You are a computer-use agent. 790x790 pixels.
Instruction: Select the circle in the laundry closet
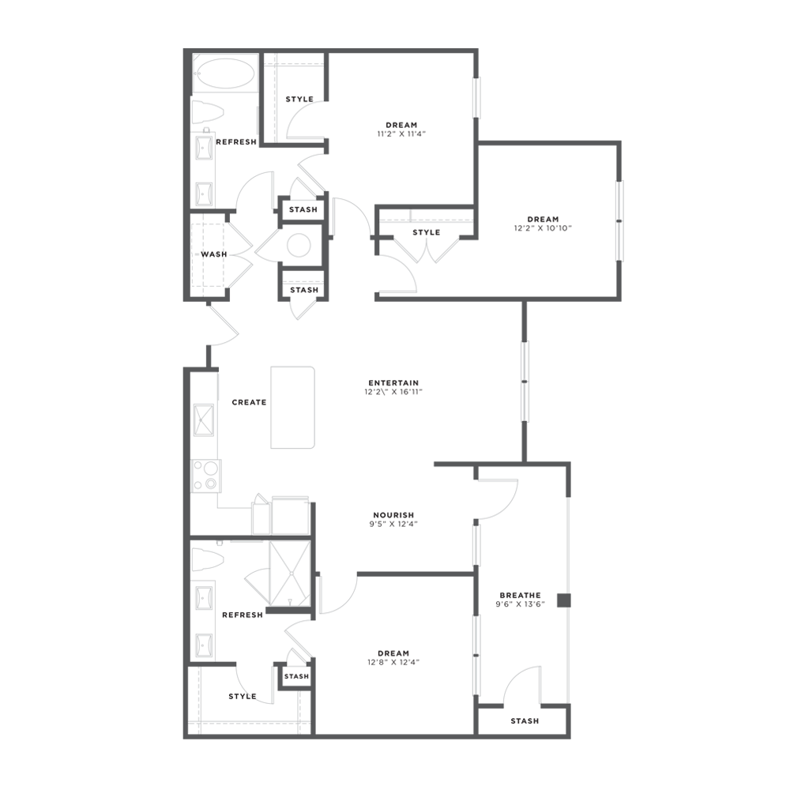(x=300, y=245)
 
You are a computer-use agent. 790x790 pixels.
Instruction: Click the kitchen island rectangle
(x=292, y=408)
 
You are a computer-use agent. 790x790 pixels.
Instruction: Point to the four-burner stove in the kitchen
(x=206, y=476)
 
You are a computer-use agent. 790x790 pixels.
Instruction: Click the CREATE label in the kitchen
(x=249, y=402)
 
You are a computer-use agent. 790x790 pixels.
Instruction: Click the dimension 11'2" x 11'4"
(x=402, y=134)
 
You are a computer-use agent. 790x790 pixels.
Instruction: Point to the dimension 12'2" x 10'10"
(x=543, y=228)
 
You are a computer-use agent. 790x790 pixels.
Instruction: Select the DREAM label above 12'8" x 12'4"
(x=393, y=653)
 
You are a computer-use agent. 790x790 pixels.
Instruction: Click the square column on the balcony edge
(x=562, y=600)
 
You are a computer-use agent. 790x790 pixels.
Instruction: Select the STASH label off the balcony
(x=525, y=721)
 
